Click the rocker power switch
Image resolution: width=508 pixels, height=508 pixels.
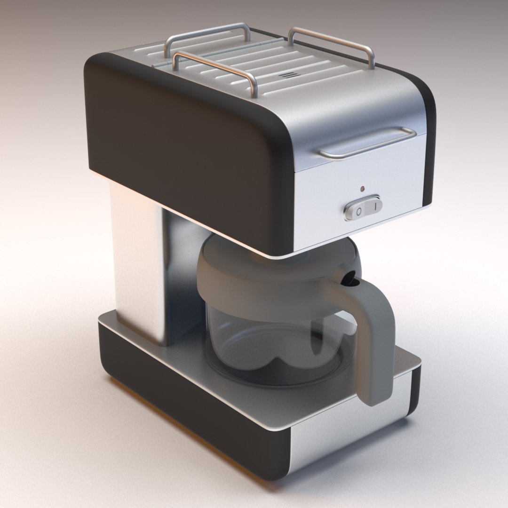tap(364, 208)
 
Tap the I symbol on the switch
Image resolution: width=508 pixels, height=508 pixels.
tap(375, 206)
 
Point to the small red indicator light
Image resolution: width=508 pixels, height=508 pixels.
tap(362, 189)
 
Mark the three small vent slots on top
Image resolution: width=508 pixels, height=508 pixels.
tap(286, 75)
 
